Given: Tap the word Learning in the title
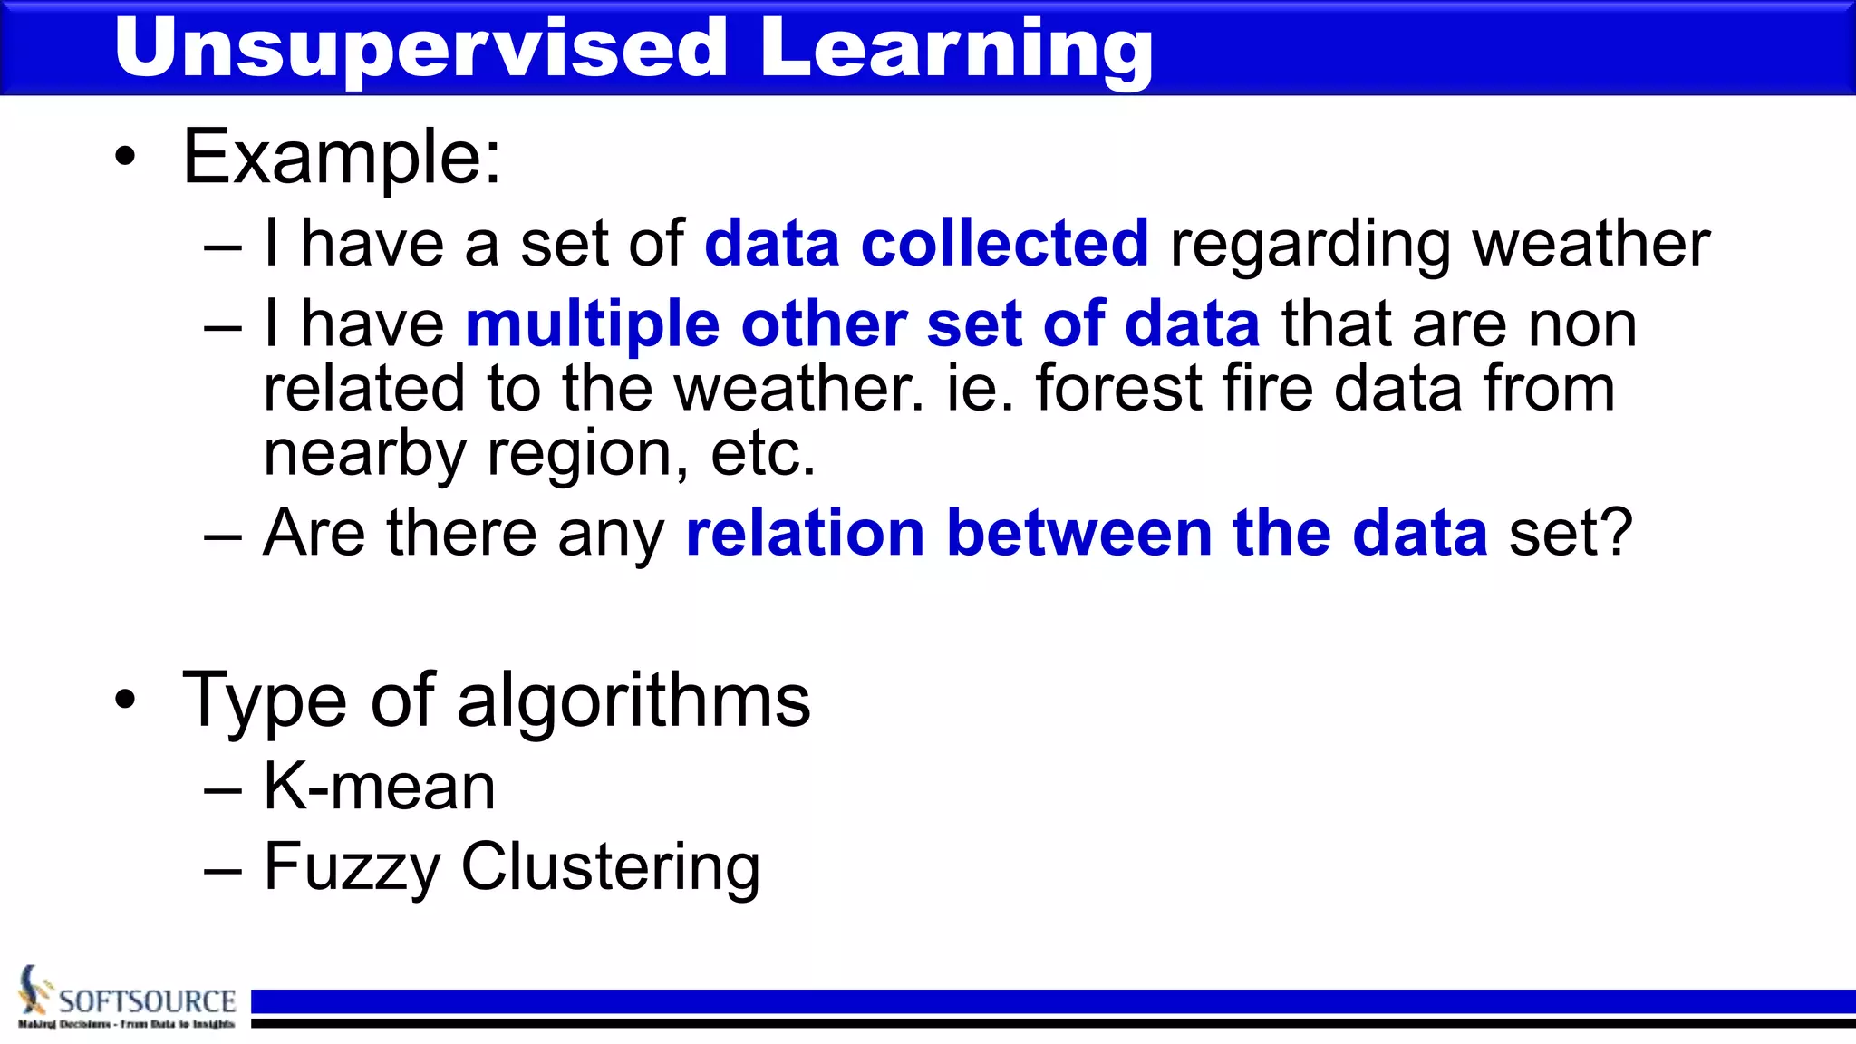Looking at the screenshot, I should (x=956, y=51).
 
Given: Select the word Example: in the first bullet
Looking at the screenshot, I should (x=342, y=157).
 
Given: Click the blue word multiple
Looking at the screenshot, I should (x=592, y=325).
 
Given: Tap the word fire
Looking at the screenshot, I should (x=1268, y=388).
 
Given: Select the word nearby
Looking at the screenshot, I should (x=364, y=454).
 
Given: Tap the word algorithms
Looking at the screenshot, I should (x=633, y=701).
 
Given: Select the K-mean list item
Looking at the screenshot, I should (x=380, y=786).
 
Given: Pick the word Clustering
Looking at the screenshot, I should (x=610, y=867).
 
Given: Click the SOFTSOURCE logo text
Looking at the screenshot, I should (x=147, y=1001).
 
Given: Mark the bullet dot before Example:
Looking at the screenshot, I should (x=125, y=158).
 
